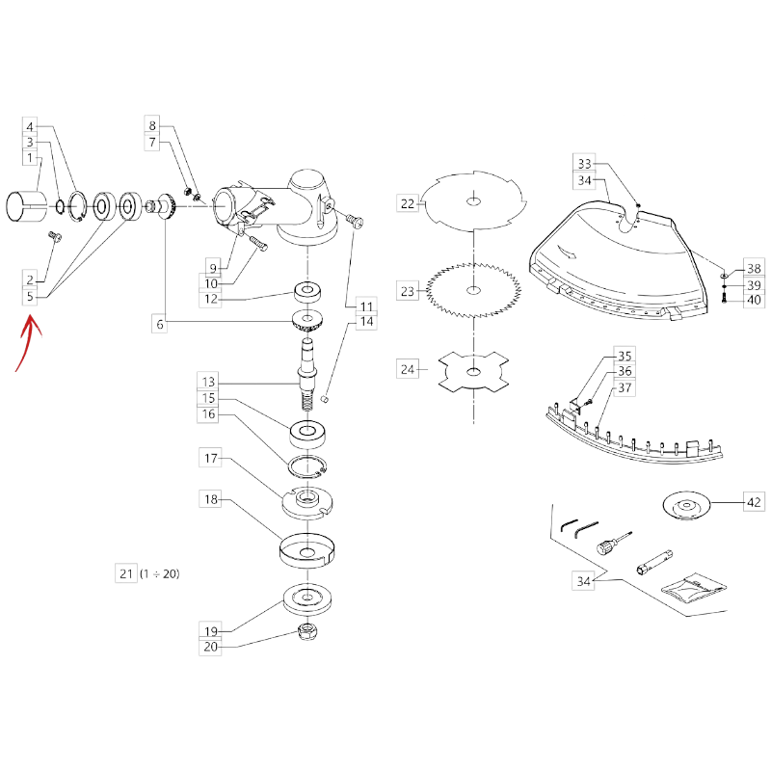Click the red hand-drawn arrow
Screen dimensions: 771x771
pos(28,339)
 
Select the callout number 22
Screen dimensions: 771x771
pos(408,203)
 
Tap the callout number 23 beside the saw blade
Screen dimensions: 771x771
pos(408,291)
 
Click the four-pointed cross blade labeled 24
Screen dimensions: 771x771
pos(473,372)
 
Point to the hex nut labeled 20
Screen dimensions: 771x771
pos(308,631)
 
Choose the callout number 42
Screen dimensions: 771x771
pos(754,502)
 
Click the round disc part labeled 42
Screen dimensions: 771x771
pos(686,507)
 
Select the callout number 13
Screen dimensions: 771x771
pos(208,382)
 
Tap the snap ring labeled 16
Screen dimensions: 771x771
pos(307,466)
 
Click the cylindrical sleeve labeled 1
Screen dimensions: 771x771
pos(26,206)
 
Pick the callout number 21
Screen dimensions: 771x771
pos(126,573)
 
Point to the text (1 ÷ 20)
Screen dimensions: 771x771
pos(160,573)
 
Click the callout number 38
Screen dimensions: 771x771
pos(754,269)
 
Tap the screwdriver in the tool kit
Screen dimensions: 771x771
pos(614,543)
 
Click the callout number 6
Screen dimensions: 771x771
pos(160,325)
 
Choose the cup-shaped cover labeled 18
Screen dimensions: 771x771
pos(307,550)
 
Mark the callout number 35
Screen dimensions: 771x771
pos(625,356)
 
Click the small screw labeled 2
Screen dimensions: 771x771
pos(54,237)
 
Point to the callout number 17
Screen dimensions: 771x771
pos(210,459)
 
